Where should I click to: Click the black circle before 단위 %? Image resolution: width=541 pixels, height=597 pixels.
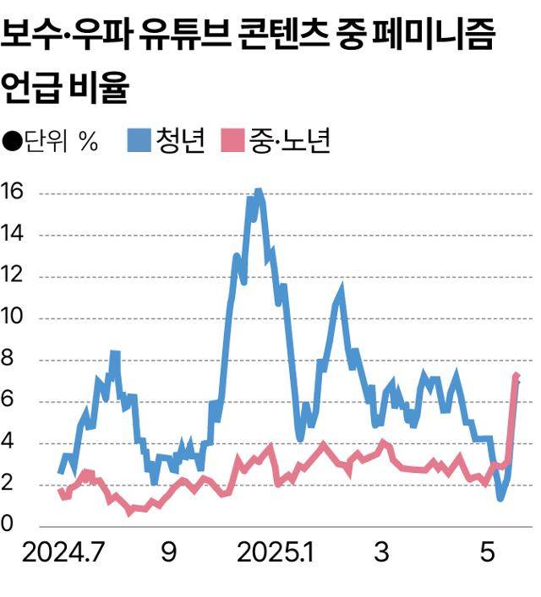pos(12,141)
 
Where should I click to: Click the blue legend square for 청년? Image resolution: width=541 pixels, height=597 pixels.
pos(139,140)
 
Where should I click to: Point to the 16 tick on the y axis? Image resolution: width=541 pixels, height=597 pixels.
pos(15,193)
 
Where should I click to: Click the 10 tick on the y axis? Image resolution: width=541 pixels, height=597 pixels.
pos(15,317)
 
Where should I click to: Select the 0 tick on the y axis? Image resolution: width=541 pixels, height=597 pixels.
pos(8,525)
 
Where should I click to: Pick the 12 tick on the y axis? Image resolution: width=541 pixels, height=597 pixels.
pos(15,276)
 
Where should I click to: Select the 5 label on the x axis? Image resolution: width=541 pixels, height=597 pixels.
pos(487,554)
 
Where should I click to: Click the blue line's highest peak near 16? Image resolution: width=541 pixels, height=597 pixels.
pos(258,193)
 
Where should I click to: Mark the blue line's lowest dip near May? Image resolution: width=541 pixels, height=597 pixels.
pos(501,497)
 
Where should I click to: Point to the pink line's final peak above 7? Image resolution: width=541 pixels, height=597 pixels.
pos(516,376)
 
